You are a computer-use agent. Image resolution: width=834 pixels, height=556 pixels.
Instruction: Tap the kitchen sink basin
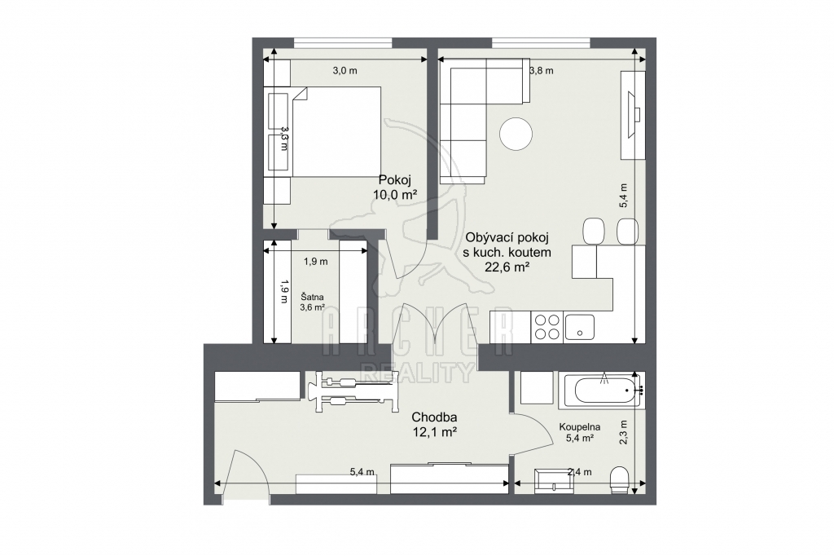pos(580,326)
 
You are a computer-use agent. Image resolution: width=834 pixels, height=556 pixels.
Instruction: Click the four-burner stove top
pos(546,326)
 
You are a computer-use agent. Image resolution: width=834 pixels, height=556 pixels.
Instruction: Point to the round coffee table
pos(516,133)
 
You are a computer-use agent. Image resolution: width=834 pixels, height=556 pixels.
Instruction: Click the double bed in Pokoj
pos(335,131)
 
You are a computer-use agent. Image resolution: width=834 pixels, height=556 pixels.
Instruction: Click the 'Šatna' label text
pos(312,298)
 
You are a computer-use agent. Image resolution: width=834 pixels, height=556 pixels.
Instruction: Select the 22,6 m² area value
pos(507,267)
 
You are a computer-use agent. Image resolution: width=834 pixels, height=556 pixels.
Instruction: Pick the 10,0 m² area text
pos(395,194)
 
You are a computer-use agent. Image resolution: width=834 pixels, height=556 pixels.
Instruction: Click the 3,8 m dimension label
pos(542,70)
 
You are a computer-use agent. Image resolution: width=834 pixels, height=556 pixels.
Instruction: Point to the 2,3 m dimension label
pos(624,431)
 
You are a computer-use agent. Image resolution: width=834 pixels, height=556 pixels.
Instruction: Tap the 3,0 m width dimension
pos(345,70)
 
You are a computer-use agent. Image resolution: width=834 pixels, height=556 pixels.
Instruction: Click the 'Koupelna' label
pos(580,426)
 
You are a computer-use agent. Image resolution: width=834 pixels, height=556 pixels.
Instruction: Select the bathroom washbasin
pos(554,479)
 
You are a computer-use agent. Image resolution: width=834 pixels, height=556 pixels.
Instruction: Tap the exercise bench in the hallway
pos(357,391)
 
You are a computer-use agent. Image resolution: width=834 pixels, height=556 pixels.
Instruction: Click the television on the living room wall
pos(634,115)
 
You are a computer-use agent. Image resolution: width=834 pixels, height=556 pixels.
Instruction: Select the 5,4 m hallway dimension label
pos(362,472)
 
